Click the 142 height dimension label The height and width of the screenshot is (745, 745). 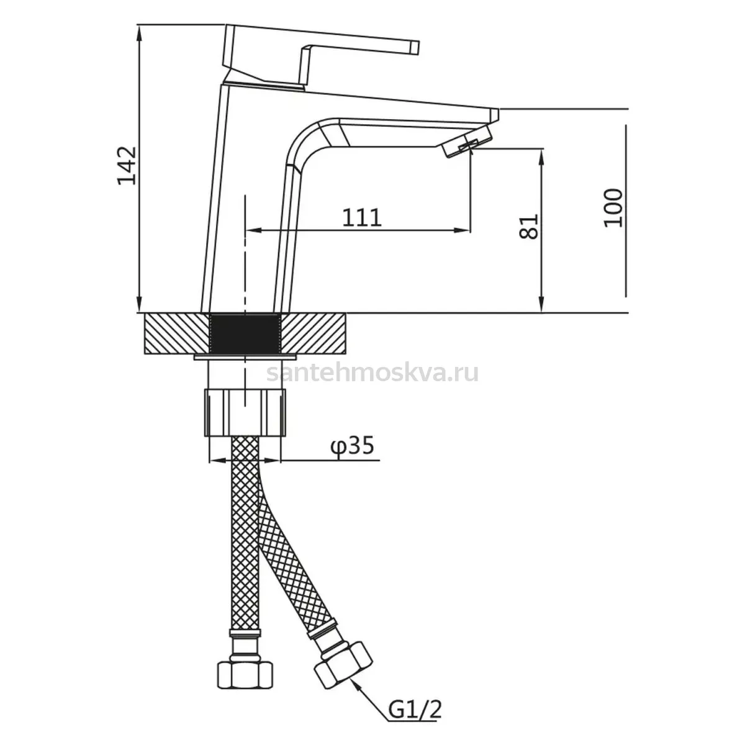point(127,166)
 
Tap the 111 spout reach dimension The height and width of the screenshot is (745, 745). point(362,217)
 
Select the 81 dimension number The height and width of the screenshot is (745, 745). point(528,227)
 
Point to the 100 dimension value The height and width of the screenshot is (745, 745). point(613,207)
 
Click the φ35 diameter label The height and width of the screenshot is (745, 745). point(352,446)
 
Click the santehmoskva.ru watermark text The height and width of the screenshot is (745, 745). point(372,374)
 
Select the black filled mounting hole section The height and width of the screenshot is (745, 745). point(245,333)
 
